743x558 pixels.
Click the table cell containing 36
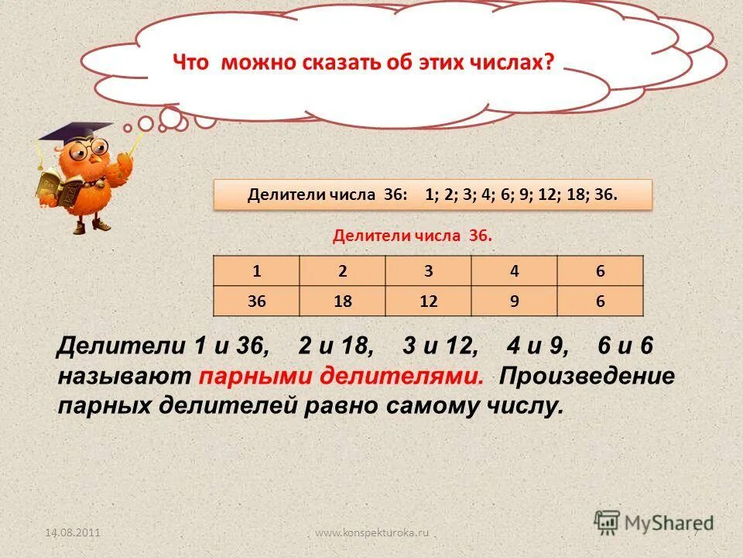pos(256,301)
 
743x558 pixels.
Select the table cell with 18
pos(342,301)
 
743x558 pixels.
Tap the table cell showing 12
pos(428,301)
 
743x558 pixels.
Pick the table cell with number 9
pos(514,301)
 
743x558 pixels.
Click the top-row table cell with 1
pos(256,271)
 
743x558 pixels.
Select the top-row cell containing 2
pos(342,271)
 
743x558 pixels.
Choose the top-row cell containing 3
pos(428,271)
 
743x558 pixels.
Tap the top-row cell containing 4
pos(514,271)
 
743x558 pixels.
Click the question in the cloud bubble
pos(363,62)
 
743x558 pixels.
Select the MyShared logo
pos(654,522)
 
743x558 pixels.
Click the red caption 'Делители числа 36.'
pos(412,236)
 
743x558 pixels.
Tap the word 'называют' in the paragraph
pos(124,377)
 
